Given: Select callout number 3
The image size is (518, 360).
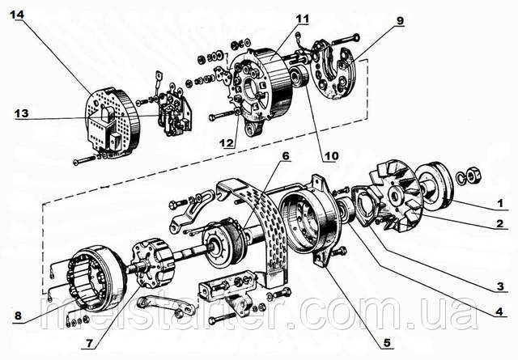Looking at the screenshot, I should (x=500, y=286).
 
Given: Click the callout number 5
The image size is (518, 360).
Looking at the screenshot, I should (x=388, y=343).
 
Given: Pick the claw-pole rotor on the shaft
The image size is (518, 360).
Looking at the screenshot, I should (x=150, y=260).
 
